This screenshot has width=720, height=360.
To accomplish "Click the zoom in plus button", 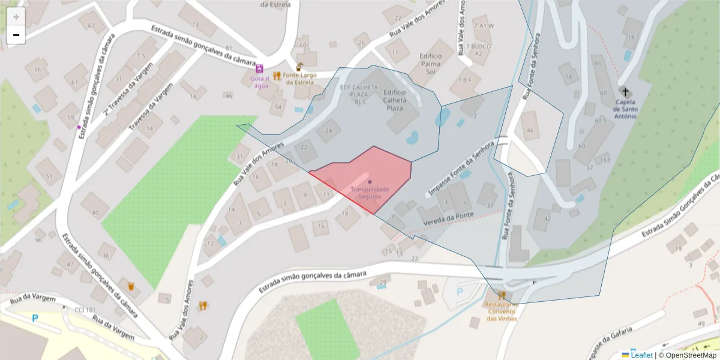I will pyautogui.click(x=16, y=17).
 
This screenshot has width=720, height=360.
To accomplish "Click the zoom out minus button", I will pyautogui.click(x=16, y=35).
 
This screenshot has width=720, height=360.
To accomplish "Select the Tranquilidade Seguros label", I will pyautogui.click(x=370, y=193).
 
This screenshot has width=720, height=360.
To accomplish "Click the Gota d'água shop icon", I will pyautogui.click(x=259, y=69).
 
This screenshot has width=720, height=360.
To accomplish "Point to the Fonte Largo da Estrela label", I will pyautogui.click(x=300, y=79).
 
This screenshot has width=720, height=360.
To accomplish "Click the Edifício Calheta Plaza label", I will pyautogui.click(x=394, y=100).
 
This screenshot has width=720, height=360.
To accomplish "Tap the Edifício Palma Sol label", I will pyautogui.click(x=430, y=63).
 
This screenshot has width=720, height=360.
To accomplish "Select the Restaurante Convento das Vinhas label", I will pyautogui.click(x=502, y=311).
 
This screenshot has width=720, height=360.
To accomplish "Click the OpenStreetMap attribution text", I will pyautogui.click(x=687, y=355).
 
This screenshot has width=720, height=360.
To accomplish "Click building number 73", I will pyautogui.click(x=195, y=25).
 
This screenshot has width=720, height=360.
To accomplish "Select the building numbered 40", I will pyautogui.click(x=95, y=212).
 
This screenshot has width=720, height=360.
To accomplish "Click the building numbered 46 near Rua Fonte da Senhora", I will pyautogui.click(x=530, y=130).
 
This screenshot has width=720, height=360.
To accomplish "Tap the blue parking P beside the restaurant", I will pyautogui.click(x=460, y=292).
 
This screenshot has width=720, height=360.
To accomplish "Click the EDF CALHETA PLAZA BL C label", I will pyautogui.click(x=353, y=94).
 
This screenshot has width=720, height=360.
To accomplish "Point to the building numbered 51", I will pyautogui.click(x=49, y=176).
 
